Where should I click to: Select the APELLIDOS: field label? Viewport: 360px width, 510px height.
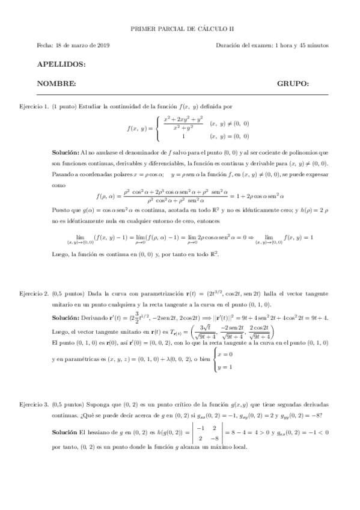(x=61, y=64)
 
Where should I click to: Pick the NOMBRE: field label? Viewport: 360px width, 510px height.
(x=56, y=84)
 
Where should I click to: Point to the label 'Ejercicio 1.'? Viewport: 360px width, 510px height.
(x=34, y=106)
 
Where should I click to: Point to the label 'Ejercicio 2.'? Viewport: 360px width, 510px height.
(x=34, y=293)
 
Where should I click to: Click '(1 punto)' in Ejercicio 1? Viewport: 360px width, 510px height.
(x=65, y=106)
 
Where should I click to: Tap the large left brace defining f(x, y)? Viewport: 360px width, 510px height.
(x=157, y=128)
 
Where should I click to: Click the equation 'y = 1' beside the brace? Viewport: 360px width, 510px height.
(x=228, y=366)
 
